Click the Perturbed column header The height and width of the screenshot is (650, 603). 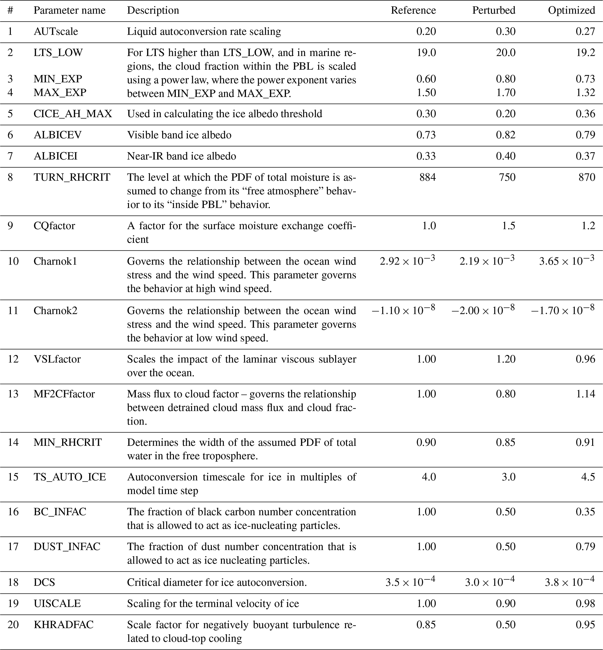pos(494,10)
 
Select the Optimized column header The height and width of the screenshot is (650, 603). pos(571,10)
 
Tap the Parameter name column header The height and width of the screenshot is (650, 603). pos(69,10)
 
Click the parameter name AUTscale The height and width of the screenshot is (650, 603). pos(56,31)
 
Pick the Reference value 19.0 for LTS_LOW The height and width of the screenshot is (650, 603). pos(426,52)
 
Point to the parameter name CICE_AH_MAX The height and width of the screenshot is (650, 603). pos(73,114)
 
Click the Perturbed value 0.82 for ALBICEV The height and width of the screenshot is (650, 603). pos(506,135)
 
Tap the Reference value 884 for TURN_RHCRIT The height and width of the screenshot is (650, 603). pos(427,177)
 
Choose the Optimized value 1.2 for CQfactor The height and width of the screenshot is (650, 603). pos(588,226)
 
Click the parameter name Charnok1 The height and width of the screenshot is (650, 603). pos(55,261)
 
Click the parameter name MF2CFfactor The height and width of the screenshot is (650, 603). pos(64,394)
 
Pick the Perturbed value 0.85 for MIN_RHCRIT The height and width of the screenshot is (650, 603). pos(506,442)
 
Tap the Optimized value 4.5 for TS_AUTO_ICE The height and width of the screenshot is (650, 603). pos(588,477)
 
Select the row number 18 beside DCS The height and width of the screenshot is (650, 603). pos(13,582)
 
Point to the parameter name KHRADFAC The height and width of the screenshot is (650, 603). pos(64,625)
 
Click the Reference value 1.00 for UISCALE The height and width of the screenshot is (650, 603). pos(426,603)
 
